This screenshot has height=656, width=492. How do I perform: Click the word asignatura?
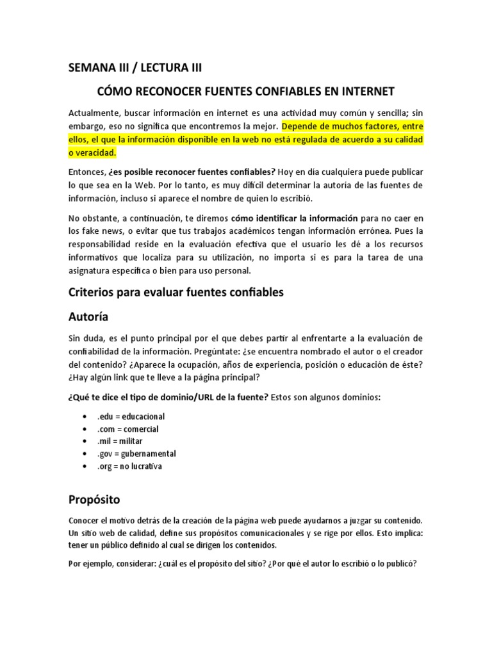coord(90,271)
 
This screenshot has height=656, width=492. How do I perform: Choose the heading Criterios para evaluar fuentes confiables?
coord(176,293)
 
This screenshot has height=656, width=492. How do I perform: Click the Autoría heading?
coord(88,316)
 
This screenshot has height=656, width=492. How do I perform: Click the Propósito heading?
coord(94,498)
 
